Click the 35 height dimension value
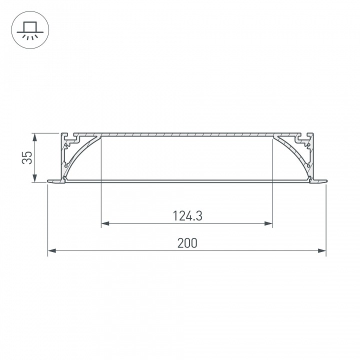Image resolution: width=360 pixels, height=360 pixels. pos(28,158)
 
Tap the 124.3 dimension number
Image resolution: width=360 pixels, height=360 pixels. pos(187,216)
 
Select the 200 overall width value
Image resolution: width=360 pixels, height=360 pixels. pos(187,243)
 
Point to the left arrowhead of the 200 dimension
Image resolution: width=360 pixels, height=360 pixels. pos(51,251)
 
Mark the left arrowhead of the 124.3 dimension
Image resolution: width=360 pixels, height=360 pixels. pos(104,223)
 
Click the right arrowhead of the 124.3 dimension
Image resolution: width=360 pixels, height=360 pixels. pos(270,223)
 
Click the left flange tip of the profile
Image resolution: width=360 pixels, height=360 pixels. pos(48,180)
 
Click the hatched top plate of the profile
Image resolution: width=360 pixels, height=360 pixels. pos(187,135)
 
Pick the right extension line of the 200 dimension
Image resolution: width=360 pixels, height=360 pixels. pos(326,220)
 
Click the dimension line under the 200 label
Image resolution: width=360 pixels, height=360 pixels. pos(150,251)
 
